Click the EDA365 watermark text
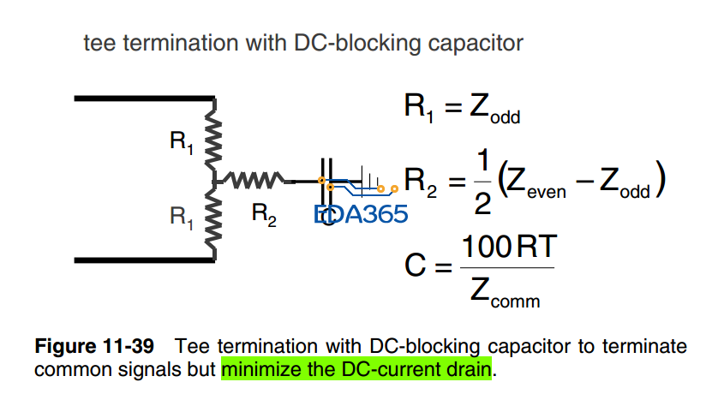[361, 213]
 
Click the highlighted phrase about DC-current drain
[356, 369]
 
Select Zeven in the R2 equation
[536, 183]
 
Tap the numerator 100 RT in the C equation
[510, 248]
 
